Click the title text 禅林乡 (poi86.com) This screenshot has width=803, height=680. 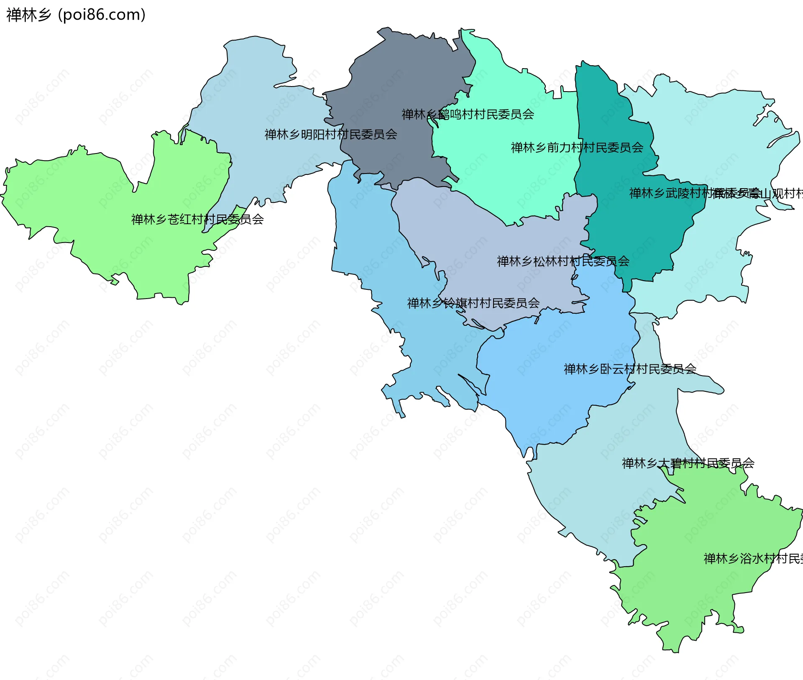76,15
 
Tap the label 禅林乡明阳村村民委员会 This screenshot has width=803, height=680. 330,134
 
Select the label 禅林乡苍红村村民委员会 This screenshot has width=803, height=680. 197,219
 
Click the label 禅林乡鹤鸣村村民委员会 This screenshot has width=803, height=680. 468,114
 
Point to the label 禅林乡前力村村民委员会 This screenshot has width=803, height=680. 577,147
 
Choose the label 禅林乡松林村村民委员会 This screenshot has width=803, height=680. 563,261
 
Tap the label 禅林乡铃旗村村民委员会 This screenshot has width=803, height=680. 473,303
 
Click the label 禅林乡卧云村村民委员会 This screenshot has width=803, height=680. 629,368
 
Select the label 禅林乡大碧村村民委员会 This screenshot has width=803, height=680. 688,463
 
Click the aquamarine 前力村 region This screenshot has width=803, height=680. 514,180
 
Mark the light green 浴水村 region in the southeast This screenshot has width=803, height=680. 703,594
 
